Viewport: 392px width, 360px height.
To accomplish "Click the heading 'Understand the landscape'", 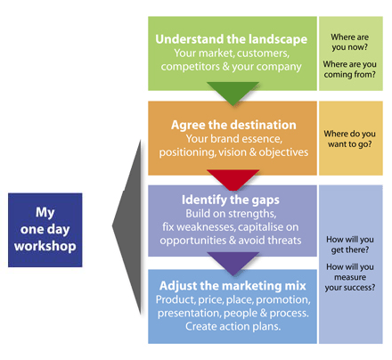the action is pos(231,39).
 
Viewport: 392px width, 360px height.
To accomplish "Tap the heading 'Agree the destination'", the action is pos(233,125).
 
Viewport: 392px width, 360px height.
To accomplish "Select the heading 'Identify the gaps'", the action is pos(231,200).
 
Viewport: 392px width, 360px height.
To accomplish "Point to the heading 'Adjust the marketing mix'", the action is pos(233,285).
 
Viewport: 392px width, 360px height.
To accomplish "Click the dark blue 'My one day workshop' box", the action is pos(45,230).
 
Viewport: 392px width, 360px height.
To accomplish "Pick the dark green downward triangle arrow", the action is pos(233,92).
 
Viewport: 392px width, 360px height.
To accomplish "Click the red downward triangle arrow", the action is pos(233,178).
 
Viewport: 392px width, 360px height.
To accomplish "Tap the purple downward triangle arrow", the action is pos(233,262).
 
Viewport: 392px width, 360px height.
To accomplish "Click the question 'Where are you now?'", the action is pos(350,42).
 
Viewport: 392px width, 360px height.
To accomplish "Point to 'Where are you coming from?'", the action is pos(350,70).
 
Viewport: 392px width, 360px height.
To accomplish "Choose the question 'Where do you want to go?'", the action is pos(350,139).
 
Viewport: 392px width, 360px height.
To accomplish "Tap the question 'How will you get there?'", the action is pos(350,244).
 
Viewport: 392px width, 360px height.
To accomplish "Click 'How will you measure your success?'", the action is pos(350,277).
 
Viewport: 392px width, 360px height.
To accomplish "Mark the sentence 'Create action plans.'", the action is pos(233,326).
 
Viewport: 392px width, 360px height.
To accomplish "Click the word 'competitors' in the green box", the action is pos(191,67).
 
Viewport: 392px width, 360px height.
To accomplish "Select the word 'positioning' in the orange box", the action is pos(187,152).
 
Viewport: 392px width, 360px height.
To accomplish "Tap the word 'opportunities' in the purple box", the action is pos(189,241).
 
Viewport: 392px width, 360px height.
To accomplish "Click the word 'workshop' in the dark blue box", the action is pos(45,246).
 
